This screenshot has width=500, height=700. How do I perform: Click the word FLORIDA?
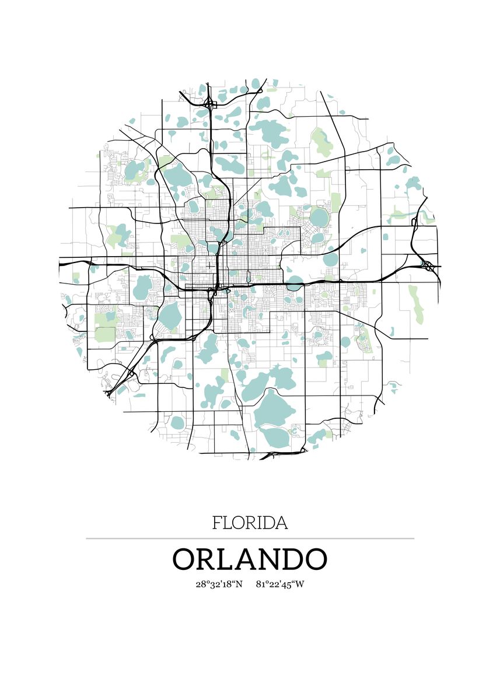[250, 523]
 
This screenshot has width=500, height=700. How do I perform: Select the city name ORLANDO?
[250, 559]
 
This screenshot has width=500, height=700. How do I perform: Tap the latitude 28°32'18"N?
[219, 583]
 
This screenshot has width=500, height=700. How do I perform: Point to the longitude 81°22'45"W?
[280, 583]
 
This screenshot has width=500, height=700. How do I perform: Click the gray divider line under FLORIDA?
[250, 538]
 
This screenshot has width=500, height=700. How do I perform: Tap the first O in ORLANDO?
[186, 559]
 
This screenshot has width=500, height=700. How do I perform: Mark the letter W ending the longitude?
[300, 583]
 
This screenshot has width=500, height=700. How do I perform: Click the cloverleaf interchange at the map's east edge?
[428, 265]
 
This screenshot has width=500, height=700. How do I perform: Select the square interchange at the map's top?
[211, 104]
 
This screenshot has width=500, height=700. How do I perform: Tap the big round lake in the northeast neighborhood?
[319, 218]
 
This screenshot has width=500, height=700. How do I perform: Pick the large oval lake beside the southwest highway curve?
[170, 316]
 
